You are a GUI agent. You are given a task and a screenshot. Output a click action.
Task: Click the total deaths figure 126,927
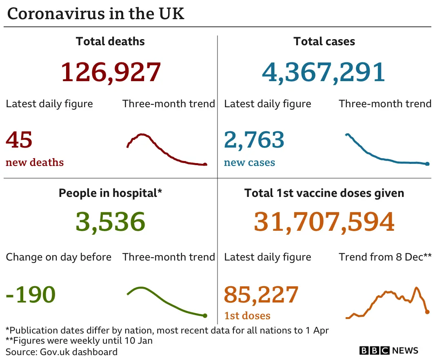[111, 72]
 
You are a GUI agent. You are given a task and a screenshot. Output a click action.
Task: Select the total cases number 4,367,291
[324, 72]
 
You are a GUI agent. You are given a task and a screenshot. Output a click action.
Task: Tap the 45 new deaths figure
[19, 139]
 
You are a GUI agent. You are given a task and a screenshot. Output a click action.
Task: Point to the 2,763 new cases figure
[254, 139]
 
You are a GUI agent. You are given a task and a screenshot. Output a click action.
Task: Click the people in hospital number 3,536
[111, 222]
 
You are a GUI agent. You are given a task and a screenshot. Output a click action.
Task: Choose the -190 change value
[31, 294]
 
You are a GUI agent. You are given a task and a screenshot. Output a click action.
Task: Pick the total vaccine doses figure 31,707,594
[324, 222]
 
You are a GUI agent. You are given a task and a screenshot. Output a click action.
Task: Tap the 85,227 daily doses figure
[261, 294]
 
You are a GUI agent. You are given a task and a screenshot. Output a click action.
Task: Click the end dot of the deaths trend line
[205, 165]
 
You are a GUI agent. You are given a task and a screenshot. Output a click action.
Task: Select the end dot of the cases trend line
[427, 164]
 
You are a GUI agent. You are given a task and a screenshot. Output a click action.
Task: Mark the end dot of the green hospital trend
[205, 316]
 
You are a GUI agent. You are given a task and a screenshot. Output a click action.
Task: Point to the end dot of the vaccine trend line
[427, 312]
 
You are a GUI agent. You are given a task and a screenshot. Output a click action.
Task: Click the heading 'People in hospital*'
[111, 193]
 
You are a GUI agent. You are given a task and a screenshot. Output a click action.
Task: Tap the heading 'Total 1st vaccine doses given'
[324, 193]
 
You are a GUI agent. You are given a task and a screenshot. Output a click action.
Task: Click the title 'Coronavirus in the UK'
[96, 13]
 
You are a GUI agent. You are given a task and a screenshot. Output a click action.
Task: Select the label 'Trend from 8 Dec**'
[385, 257]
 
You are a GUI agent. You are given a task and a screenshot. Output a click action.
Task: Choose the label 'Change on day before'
[58, 257]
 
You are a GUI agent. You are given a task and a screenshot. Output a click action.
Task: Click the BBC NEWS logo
[388, 351]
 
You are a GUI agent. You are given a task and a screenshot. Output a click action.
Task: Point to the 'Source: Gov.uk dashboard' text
[62, 351]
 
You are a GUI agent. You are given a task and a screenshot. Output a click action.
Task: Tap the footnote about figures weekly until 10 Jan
[79, 340]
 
